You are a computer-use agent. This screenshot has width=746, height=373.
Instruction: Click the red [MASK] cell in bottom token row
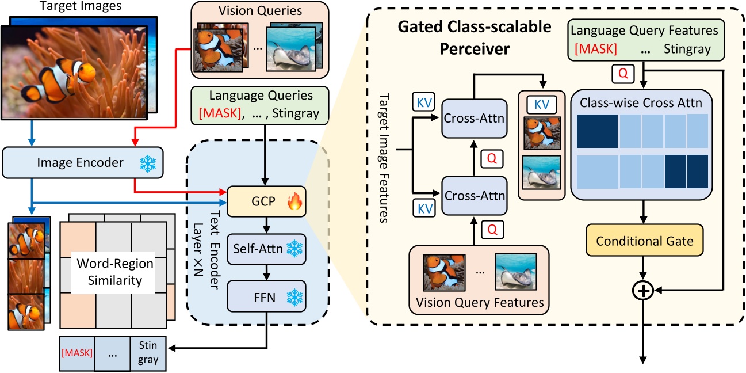click(76, 352)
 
